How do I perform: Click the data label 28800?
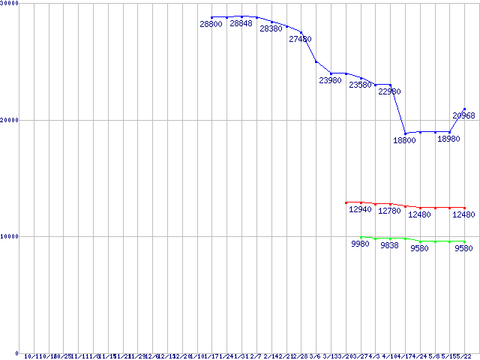211,25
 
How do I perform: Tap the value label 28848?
241,24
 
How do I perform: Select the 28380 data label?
271,28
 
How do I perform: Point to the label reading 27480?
300,39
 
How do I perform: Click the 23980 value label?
330,80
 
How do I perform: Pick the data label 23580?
360,85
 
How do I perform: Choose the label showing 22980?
389,91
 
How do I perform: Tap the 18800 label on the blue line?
404,140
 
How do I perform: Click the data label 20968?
463,115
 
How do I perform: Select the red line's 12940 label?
360,210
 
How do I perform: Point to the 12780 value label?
389,211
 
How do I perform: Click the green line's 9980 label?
360,244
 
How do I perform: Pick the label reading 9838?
389,245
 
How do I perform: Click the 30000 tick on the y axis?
10,4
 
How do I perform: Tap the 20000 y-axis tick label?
10,120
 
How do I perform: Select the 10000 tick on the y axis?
10,236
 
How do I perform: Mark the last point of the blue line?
464,109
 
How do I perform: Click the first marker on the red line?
346,202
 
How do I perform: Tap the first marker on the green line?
361,237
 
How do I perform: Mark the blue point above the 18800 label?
405,133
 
